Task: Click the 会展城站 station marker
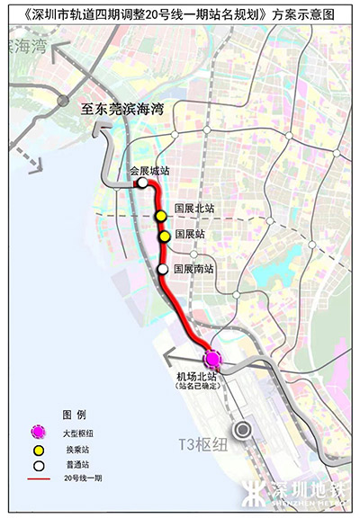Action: coord(142,183)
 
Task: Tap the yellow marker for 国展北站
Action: coord(160,217)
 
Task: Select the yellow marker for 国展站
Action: coord(165,237)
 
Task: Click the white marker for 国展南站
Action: coord(163,268)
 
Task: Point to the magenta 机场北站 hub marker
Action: coord(213,358)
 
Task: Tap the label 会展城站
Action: coord(149,170)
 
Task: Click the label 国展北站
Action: coord(195,208)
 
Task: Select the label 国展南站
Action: coord(195,268)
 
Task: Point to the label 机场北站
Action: coord(197,376)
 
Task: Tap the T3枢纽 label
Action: coord(200,443)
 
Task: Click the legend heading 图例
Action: coord(73,415)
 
